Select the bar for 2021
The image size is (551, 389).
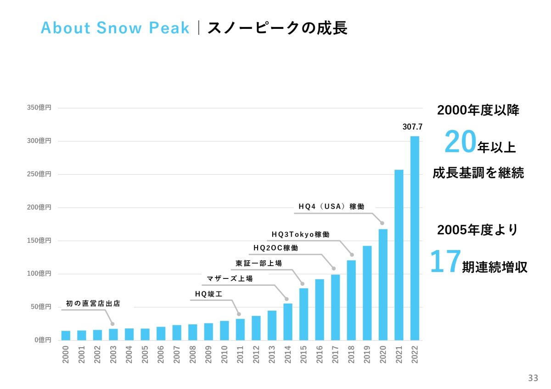coord(399,255)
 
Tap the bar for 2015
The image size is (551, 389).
coord(304,314)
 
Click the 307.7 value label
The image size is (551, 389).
coord(412,127)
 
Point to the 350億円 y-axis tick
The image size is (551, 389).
coord(39,108)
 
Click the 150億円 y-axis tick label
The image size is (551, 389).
coord(39,240)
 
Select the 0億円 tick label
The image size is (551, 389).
coord(42,340)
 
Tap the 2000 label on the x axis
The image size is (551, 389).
coord(66,355)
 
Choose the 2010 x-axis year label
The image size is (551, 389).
coord(224,355)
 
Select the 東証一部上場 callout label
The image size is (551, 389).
coord(259,263)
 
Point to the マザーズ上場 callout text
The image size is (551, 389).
coord(230,278)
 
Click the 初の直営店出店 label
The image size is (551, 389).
coord(93,303)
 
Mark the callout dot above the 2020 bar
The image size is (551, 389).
coord(382,223)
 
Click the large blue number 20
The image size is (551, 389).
coord(459,143)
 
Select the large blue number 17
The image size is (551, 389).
coord(445,262)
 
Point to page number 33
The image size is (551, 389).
coord(533,378)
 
